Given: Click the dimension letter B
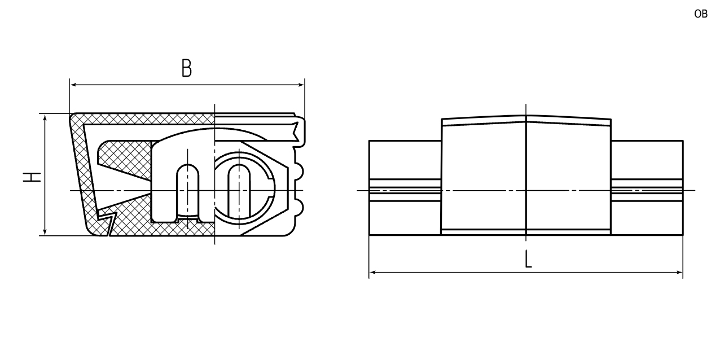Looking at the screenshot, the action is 187,68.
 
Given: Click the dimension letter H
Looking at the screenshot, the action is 32,177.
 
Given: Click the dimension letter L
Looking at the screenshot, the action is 528,259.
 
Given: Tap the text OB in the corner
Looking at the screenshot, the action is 701,14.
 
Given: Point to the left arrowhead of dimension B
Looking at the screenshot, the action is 73,85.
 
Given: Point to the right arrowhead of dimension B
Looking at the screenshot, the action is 301,85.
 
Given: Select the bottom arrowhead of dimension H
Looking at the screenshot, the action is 45,231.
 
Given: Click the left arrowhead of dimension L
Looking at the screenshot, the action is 373,273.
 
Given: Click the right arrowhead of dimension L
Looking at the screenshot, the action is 679,273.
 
